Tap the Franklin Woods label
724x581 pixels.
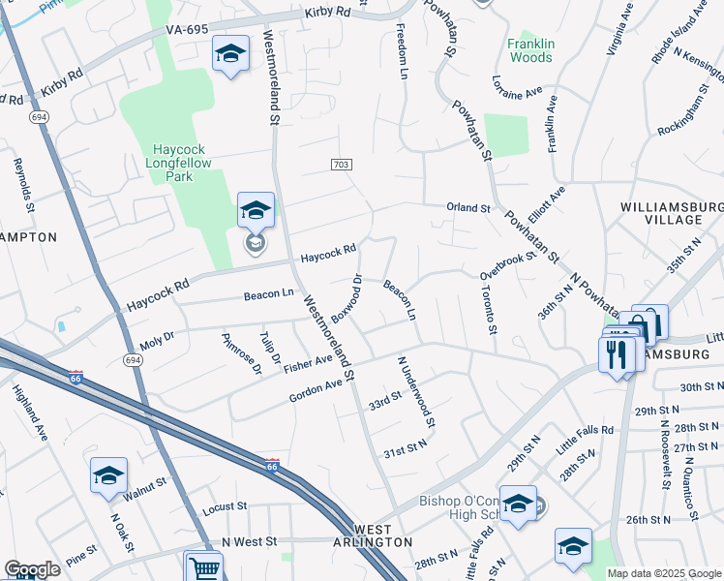point(530,50)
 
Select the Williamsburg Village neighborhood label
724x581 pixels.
point(673,213)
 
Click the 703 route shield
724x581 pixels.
point(341,166)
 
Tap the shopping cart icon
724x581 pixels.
point(203,566)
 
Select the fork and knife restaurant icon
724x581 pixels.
point(617,353)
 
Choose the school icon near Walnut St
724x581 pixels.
point(109,474)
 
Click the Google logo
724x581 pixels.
point(32,569)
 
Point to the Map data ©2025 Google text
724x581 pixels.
point(665,573)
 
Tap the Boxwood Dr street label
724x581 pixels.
point(346,298)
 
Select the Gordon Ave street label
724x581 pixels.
point(317,391)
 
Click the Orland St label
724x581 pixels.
point(468,207)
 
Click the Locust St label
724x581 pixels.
point(225,507)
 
